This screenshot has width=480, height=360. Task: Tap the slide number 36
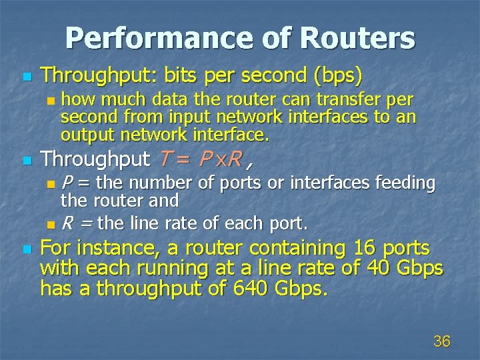[x=441, y=341]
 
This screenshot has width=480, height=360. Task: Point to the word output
[x=83, y=135]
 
